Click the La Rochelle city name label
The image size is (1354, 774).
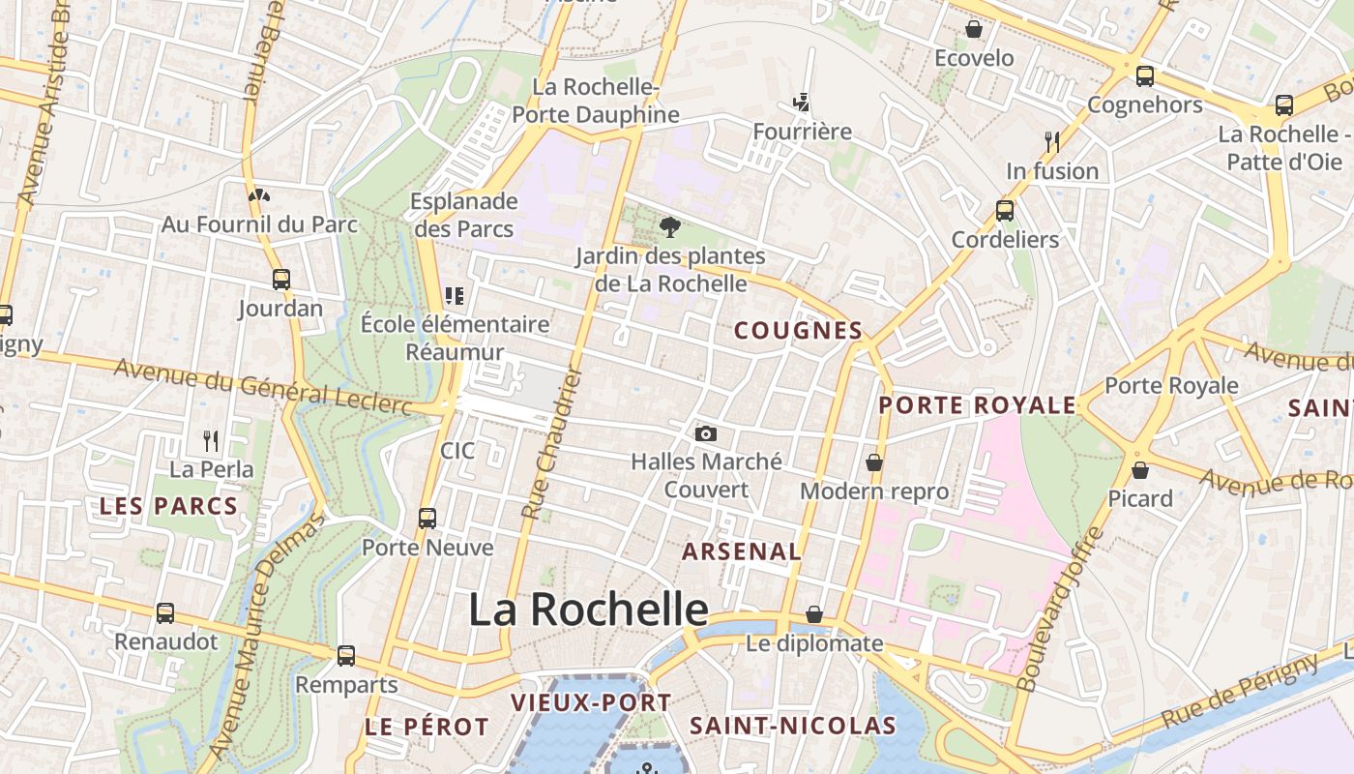[x=588, y=610]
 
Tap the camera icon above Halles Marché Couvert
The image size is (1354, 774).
[x=706, y=433]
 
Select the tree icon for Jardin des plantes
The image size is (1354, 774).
[x=668, y=227]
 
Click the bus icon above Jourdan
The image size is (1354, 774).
[x=280, y=280]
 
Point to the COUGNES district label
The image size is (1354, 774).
[x=798, y=331]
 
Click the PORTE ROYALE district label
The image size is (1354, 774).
[x=977, y=405]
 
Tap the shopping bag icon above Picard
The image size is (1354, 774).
[x=1140, y=470]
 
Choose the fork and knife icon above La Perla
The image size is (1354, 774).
[x=211, y=441]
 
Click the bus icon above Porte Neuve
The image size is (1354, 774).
[x=427, y=519]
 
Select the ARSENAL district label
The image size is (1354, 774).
[x=742, y=552]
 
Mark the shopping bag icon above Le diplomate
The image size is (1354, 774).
[x=814, y=614]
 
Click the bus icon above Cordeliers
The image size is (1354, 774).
[x=1005, y=211]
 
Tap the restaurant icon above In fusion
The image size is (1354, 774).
[x=1052, y=142]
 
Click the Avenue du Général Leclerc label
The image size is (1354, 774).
[x=262, y=385]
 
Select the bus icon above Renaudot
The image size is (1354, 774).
[x=165, y=613]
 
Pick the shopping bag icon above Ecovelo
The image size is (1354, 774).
[x=974, y=29]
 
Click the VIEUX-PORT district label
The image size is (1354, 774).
[x=590, y=703]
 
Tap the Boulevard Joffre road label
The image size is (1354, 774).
[x=1060, y=610]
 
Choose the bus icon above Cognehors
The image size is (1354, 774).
[x=1145, y=75]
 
